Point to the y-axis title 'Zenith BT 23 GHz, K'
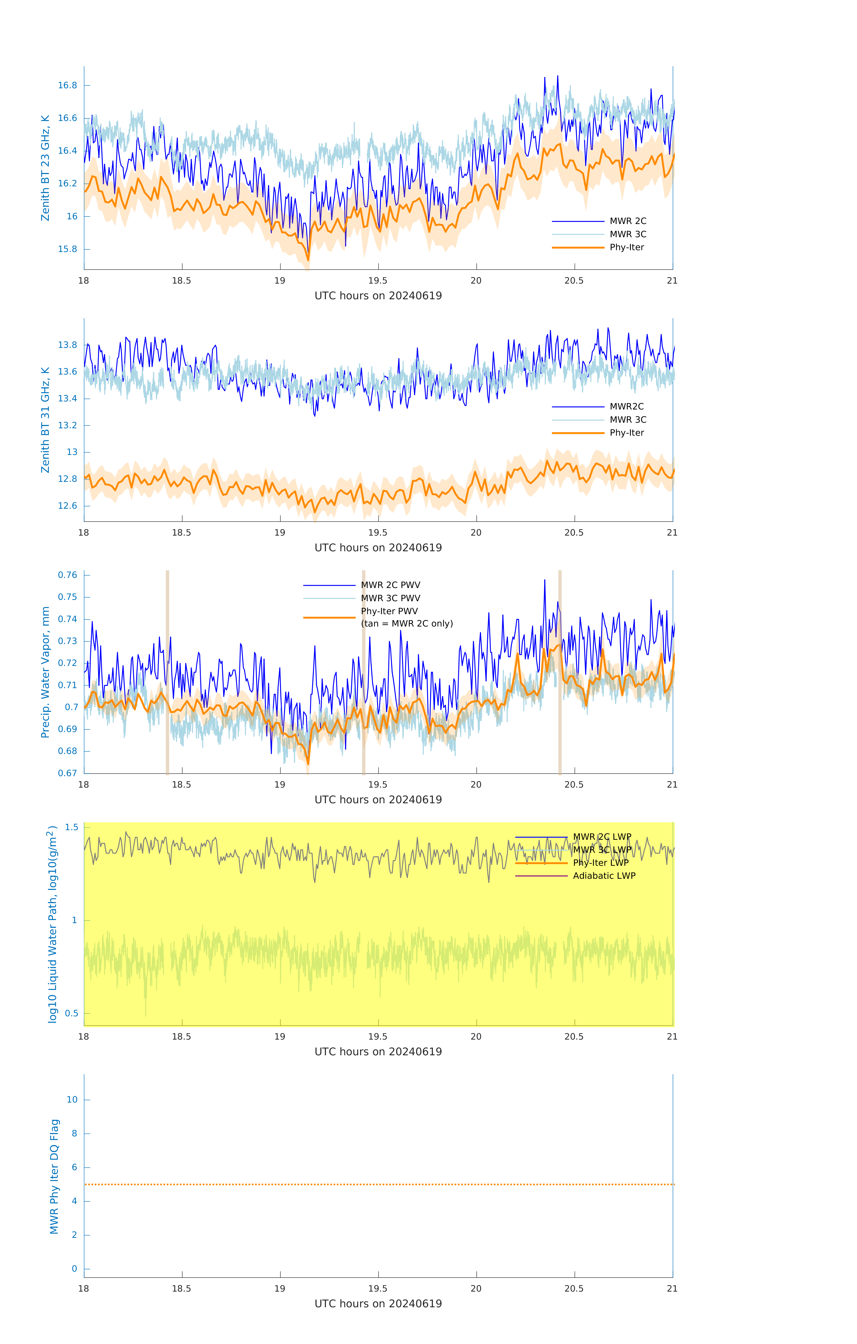coord(45,168)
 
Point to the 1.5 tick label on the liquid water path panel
coord(71,827)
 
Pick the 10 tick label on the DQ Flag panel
coord(72,1100)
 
